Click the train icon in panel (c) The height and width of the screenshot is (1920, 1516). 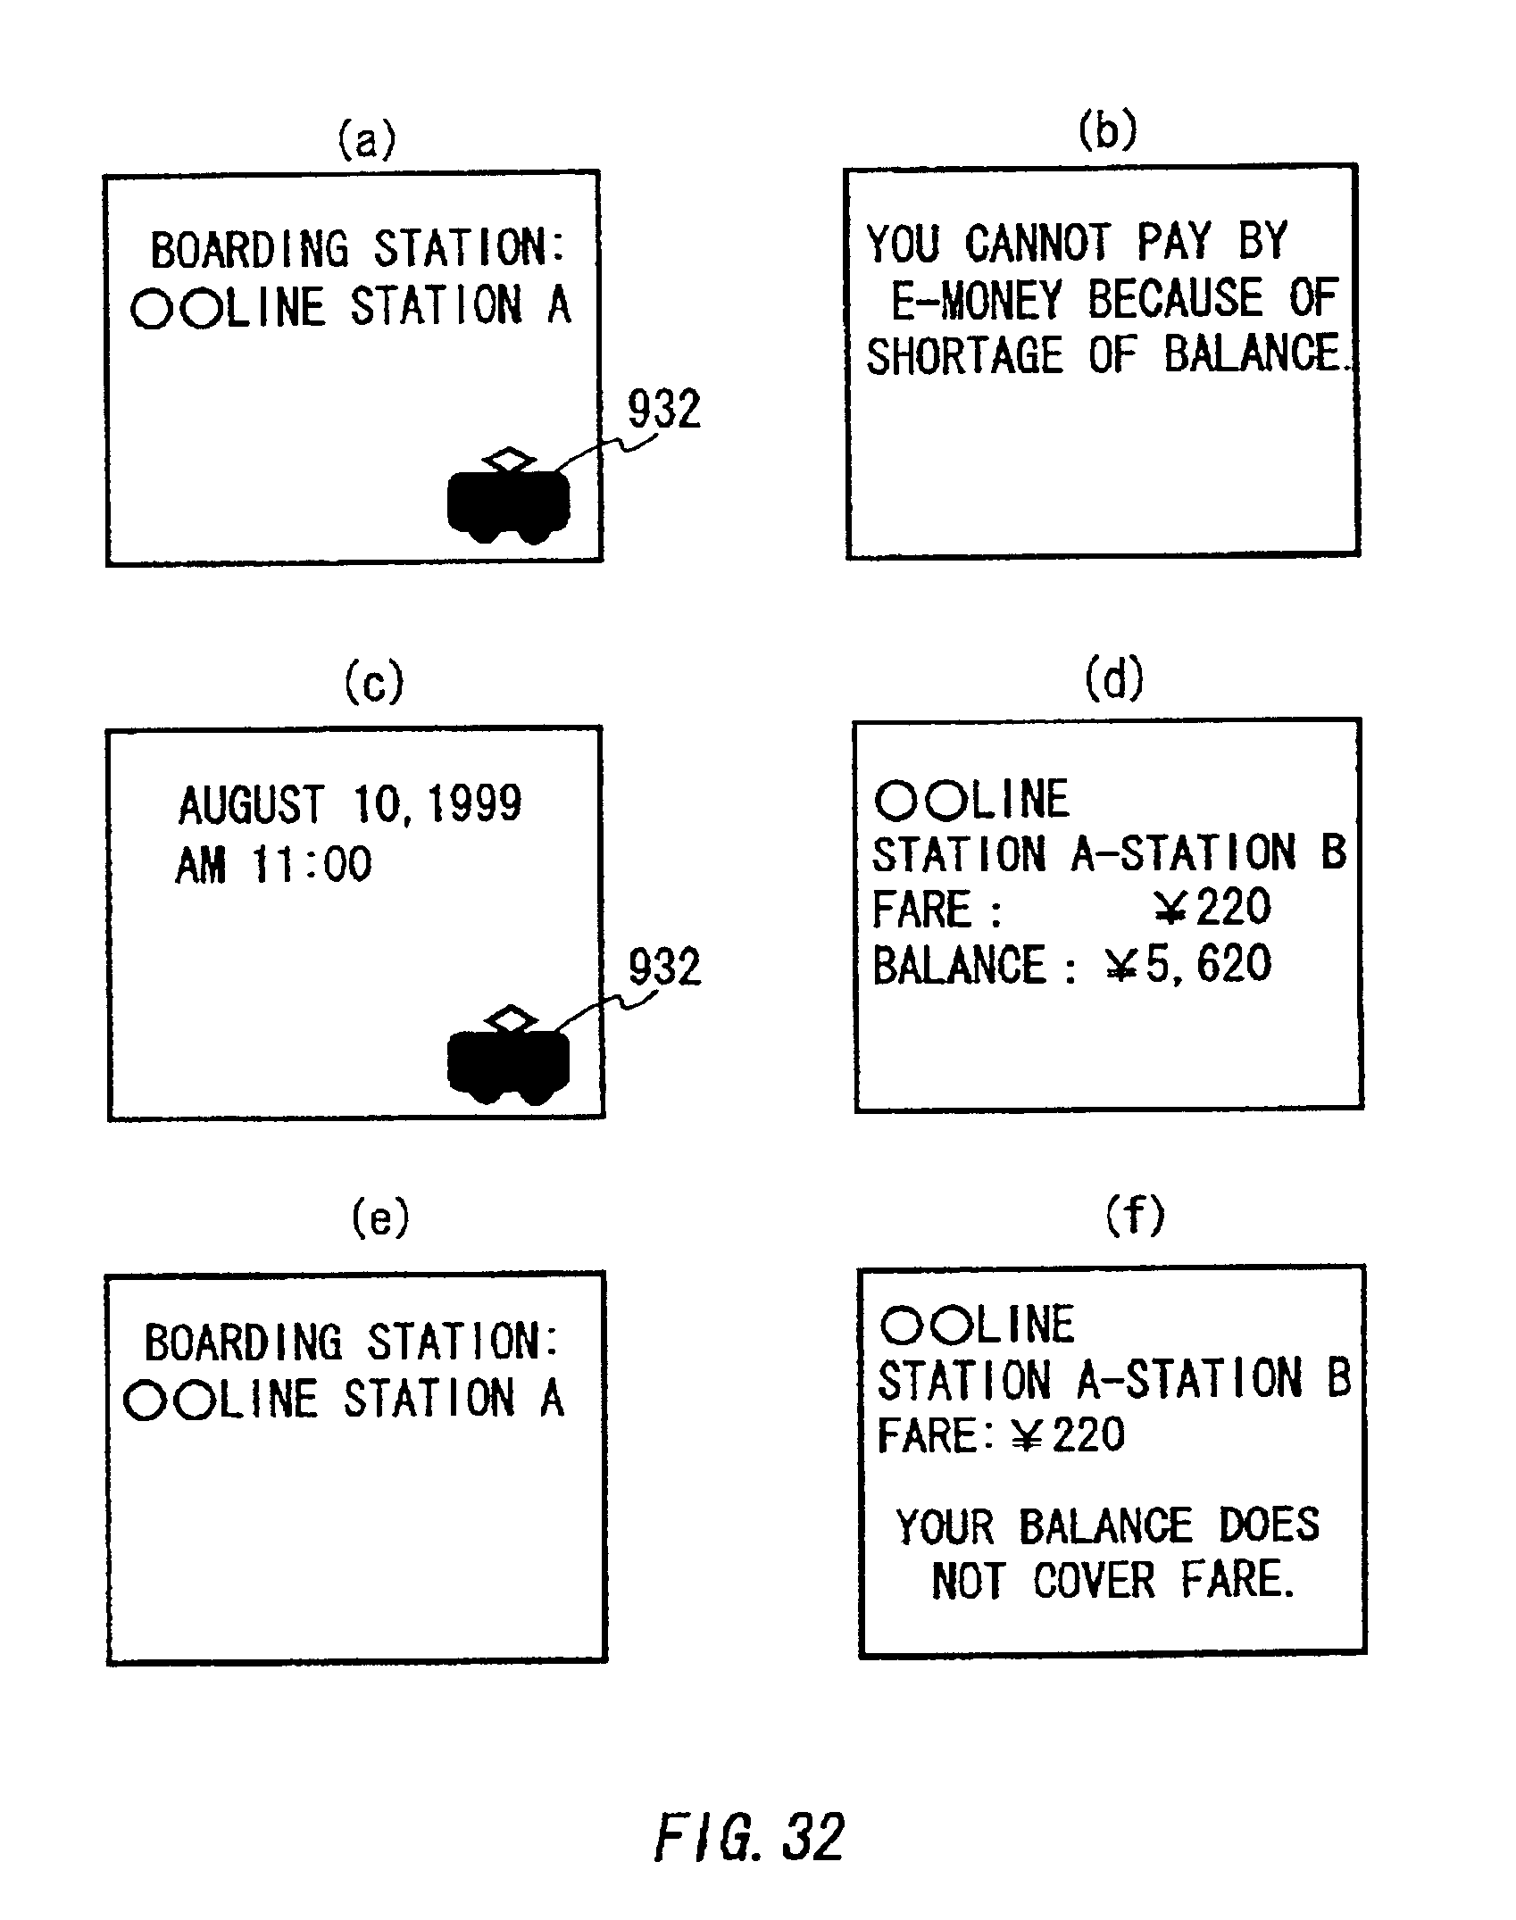pos(508,1057)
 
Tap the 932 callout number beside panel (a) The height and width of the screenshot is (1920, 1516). pos(664,410)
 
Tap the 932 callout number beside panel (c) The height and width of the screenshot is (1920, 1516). pos(665,968)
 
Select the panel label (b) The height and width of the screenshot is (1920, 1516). pos(1107,130)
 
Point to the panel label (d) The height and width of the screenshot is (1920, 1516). pos(1113,680)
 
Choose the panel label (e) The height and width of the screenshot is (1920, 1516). pos(380,1218)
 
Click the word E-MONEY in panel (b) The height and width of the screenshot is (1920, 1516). pos(977,299)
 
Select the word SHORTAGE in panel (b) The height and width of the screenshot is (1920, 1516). pos(965,356)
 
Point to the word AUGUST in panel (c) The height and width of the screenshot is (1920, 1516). pos(251,805)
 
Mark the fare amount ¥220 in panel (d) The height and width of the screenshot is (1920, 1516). pos(1211,908)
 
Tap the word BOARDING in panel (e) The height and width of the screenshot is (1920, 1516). pos(243,1342)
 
